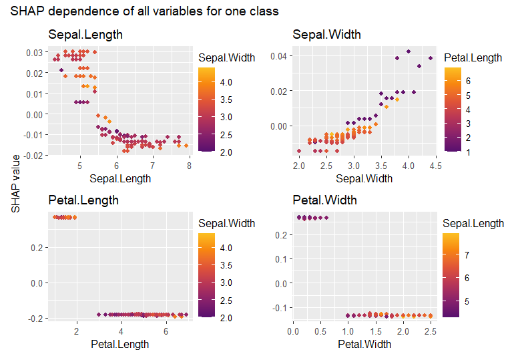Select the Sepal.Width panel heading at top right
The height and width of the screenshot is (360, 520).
[x=326, y=35]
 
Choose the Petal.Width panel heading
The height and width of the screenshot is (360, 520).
[x=325, y=200]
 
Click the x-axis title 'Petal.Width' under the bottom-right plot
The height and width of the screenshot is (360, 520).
[x=364, y=345]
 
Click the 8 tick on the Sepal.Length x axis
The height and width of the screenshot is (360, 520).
[x=189, y=166]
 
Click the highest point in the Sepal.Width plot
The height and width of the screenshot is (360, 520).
[x=409, y=51]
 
